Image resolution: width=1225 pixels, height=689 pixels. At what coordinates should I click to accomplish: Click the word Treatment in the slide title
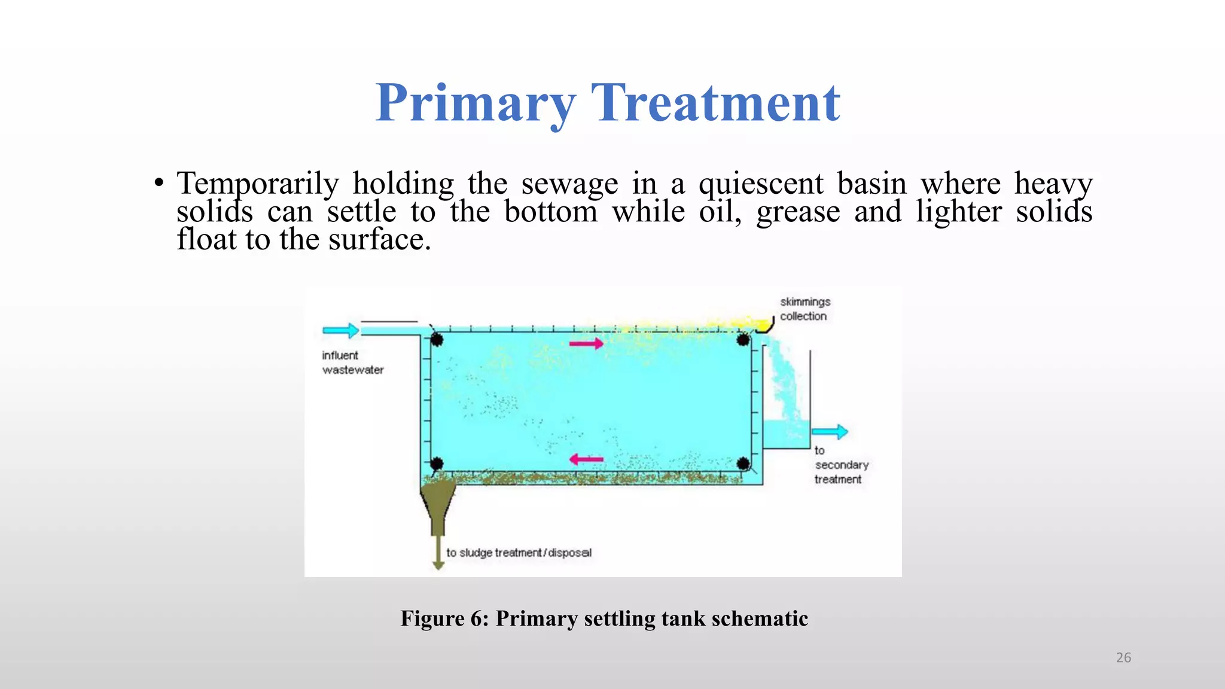pos(715,103)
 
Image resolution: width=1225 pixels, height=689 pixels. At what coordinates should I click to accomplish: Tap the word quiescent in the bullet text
pos(761,184)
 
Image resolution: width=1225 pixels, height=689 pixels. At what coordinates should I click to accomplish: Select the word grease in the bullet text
pos(798,212)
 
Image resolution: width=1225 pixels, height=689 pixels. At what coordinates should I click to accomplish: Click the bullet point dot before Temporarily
pos(159,182)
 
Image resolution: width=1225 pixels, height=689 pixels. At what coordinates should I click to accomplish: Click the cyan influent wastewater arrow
pos(340,330)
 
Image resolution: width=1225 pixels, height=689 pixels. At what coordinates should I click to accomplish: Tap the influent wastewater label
pos(352,362)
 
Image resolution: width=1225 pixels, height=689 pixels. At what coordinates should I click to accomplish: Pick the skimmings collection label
pos(805,309)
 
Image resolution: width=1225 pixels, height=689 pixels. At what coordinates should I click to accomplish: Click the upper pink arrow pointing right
pos(586,343)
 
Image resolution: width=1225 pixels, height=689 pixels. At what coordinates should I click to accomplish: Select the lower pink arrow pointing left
pos(586,459)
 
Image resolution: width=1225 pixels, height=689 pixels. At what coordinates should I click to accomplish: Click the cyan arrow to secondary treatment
pos(830,431)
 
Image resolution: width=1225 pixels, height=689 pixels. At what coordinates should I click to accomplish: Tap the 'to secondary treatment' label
pos(840,465)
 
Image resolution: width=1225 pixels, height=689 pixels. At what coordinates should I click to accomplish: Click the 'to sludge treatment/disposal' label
pos(519,553)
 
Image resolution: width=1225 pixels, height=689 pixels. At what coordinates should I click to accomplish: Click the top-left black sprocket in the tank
pos(437,340)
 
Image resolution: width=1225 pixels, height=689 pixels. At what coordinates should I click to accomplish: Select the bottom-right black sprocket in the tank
pos(743,464)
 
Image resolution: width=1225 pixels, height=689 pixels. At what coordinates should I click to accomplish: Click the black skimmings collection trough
pos(765,326)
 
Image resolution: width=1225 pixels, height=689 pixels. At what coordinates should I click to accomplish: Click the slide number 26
pos(1123,657)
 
